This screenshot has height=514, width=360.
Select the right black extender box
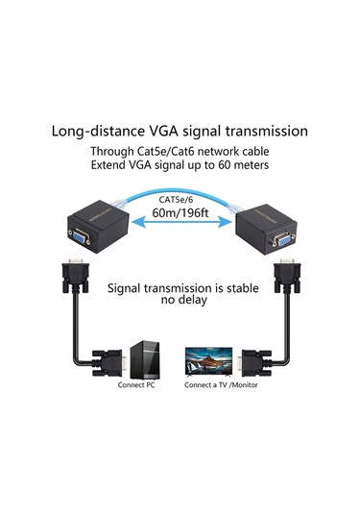point(269,228)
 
